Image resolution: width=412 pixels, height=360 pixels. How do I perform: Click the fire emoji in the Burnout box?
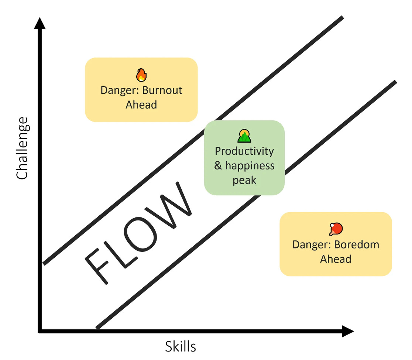[x=141, y=75]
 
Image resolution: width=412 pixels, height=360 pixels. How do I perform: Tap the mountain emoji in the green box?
[x=244, y=136]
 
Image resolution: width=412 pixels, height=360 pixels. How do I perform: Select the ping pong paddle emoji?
[x=336, y=229]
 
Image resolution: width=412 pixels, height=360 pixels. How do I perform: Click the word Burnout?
[x=163, y=90]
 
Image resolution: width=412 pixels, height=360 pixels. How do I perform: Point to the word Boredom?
[x=357, y=245]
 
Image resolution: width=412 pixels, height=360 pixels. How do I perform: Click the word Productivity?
[x=244, y=151]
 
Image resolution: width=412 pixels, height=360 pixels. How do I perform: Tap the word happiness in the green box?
[x=250, y=166]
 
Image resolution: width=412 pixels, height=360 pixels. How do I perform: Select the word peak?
[x=244, y=181]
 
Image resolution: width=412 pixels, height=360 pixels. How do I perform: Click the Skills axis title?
[x=180, y=347]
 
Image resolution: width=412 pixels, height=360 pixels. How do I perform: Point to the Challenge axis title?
[x=23, y=148]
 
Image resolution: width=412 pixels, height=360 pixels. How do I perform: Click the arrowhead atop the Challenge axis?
[x=40, y=23]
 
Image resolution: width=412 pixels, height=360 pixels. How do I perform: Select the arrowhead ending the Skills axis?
[x=347, y=331]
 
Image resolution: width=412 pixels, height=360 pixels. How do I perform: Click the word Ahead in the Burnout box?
[x=141, y=105]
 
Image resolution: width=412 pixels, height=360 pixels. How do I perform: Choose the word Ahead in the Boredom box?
[x=336, y=259]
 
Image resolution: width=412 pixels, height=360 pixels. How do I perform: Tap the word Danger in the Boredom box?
[x=312, y=245]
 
